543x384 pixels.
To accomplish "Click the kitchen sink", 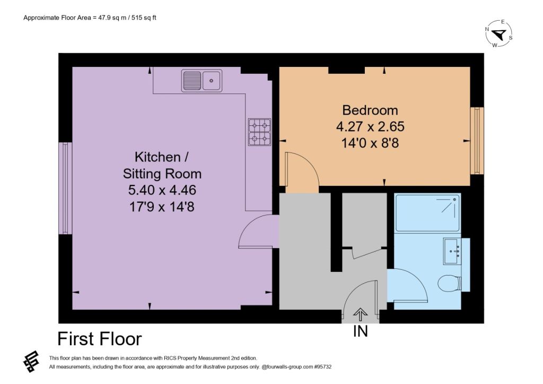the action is coord(202,81).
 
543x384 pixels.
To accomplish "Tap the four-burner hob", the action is coord(259,132).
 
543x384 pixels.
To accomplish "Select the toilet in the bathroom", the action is coord(449,283).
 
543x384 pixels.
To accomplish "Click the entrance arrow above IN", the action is coord(361,314).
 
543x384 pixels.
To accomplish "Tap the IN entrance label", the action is coord(360,331).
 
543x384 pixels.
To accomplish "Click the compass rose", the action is coord(499,34).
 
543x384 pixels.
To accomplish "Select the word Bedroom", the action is coord(370,110).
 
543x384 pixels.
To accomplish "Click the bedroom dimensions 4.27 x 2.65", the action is coord(370,126).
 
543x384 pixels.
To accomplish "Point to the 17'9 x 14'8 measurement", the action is coord(162,207).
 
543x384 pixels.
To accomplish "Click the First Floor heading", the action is coord(99,339).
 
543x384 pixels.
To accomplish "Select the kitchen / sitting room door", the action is coord(259,232).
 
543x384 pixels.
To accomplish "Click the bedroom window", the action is coord(477,141).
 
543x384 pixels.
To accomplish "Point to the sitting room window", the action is coord(65,188).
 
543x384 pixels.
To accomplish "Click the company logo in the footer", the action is coord(31,362).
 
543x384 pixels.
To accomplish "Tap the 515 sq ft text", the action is coord(144,18).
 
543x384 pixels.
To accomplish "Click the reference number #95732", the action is coord(323,366).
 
